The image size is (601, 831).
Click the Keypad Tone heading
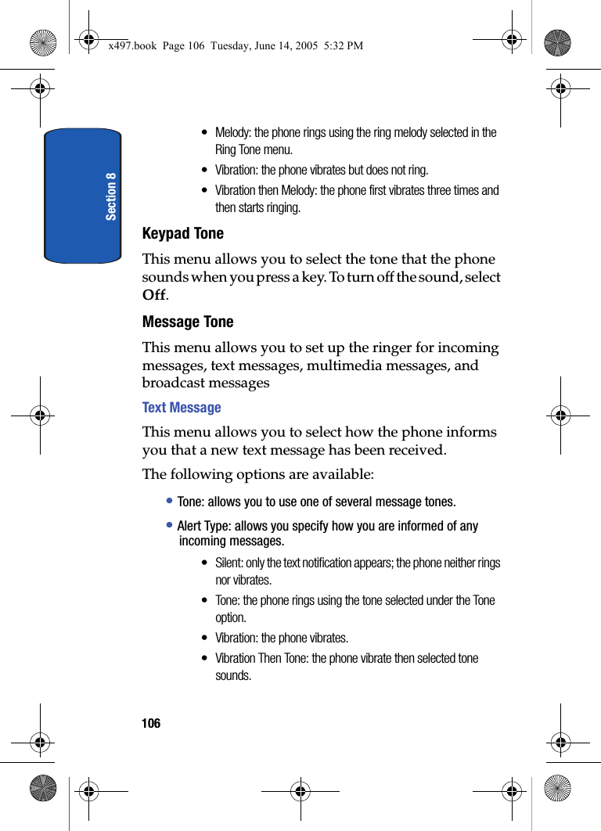[x=182, y=233]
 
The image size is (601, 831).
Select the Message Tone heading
[x=188, y=322]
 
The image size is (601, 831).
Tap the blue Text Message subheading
[x=182, y=408]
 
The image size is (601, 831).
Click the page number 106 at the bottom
[x=151, y=724]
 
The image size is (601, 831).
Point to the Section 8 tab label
[x=111, y=196]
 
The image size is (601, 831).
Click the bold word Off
[x=153, y=295]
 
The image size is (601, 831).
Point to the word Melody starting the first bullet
[x=232, y=132]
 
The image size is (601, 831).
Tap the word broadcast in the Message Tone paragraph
[x=174, y=383]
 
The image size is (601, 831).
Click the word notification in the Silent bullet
[x=324, y=563]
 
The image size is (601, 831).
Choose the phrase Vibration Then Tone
[x=261, y=658]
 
